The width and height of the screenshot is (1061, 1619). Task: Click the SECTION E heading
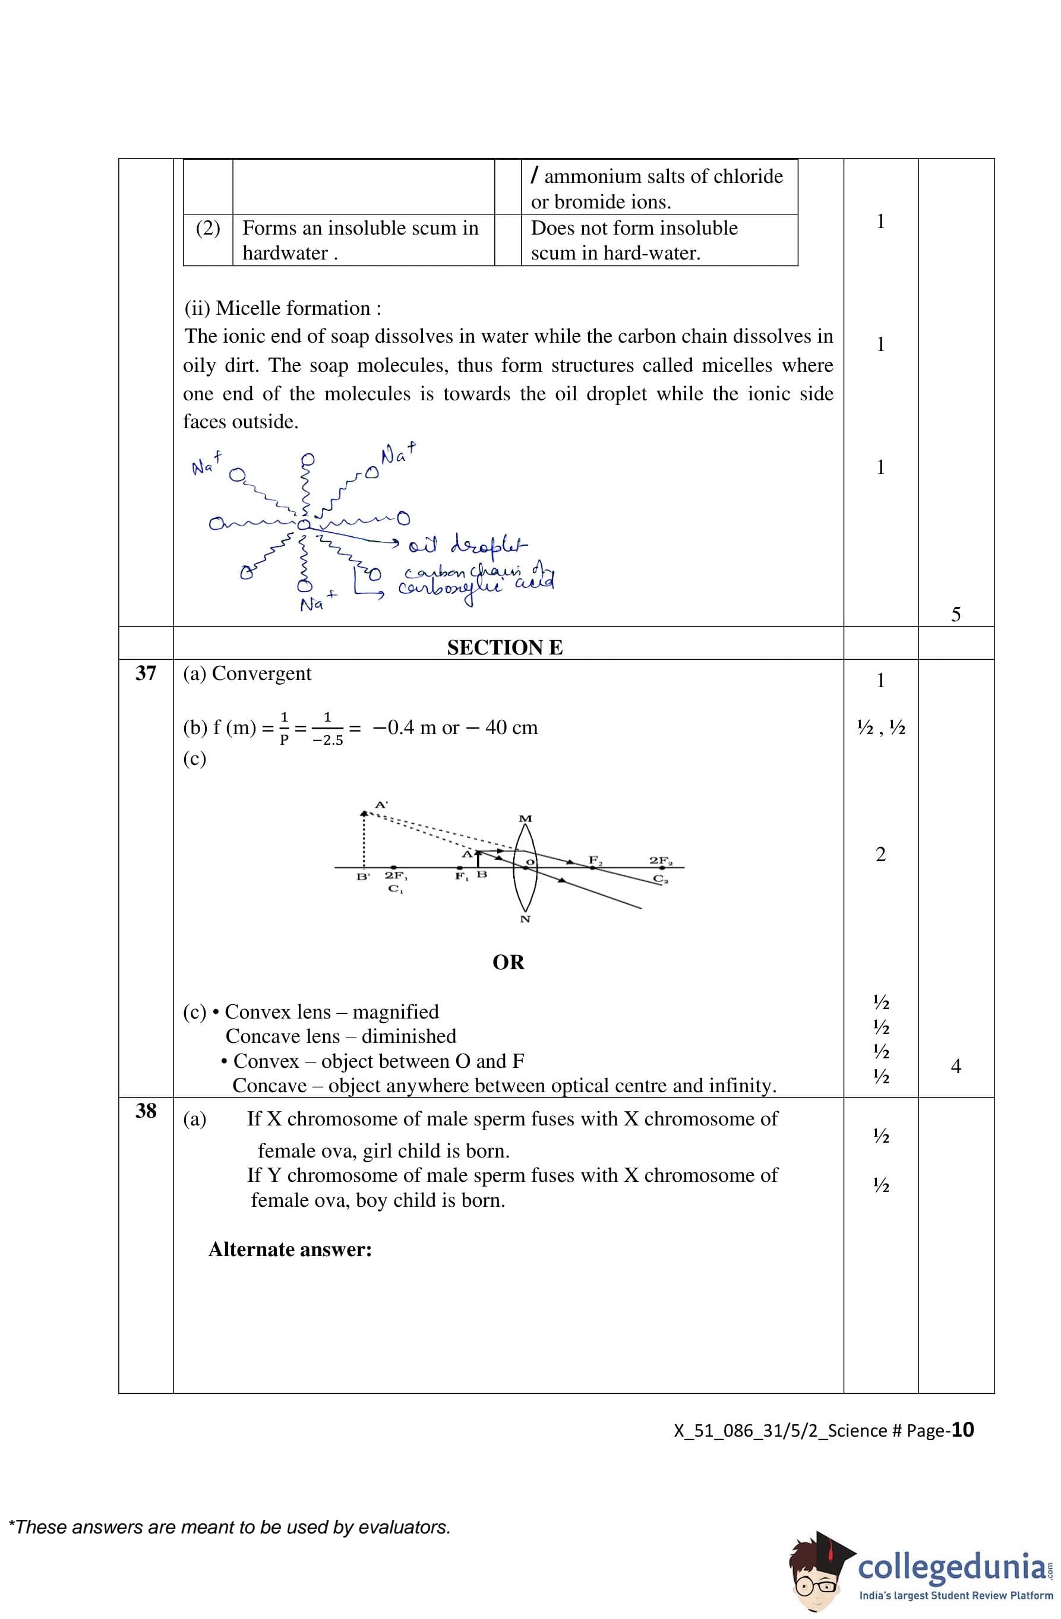(x=504, y=647)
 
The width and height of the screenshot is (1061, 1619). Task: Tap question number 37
(x=146, y=673)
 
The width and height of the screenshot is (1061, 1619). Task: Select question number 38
(x=146, y=1111)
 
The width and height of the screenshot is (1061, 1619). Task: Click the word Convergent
(x=261, y=673)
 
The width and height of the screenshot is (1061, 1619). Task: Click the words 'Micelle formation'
(x=292, y=308)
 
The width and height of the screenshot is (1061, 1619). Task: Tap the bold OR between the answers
(x=509, y=963)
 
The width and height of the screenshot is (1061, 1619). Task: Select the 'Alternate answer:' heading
(x=290, y=1250)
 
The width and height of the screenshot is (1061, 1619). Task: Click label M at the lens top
(x=525, y=818)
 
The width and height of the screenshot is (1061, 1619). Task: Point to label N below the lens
(x=525, y=919)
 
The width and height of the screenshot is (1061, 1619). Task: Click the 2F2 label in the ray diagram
(x=660, y=861)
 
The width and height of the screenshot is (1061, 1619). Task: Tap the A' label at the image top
(x=382, y=804)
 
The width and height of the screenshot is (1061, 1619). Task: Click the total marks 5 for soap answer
(x=955, y=614)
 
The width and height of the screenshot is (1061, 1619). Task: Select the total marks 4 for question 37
(x=955, y=1066)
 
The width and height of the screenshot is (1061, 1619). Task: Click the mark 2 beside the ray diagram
(x=880, y=855)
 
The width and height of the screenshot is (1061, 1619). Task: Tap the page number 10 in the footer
(x=962, y=1430)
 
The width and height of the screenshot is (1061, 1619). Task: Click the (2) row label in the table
(x=207, y=228)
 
